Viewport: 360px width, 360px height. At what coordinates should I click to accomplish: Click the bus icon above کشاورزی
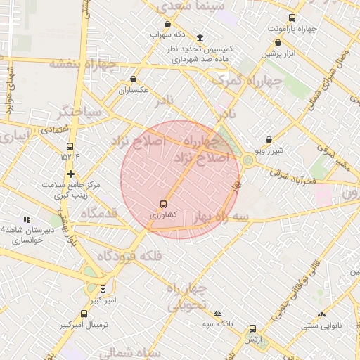click(164, 203)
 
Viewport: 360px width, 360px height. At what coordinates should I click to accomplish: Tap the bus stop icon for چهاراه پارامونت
click(292, 18)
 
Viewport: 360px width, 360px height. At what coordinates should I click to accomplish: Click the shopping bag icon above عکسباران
click(134, 79)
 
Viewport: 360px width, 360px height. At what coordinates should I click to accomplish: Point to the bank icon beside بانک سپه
click(217, 313)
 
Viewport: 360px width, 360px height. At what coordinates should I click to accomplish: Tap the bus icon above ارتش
click(252, 328)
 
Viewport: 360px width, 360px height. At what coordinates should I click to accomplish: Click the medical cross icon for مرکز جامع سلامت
click(70, 174)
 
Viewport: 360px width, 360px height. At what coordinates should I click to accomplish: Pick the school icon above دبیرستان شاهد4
click(27, 219)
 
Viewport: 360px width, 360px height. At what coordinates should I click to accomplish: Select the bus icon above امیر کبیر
click(103, 288)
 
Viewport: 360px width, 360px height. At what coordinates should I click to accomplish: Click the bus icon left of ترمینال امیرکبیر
click(84, 314)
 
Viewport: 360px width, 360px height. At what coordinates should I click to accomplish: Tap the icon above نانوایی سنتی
click(321, 314)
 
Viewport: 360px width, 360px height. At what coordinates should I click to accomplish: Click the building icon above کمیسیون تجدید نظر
click(200, 38)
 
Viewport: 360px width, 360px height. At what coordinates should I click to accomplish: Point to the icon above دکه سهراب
click(157, 24)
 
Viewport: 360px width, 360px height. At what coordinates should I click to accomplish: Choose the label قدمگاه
click(98, 213)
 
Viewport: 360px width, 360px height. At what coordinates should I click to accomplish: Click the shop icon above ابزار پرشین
click(278, 42)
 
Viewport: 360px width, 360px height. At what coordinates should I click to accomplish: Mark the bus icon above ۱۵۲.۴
click(69, 146)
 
